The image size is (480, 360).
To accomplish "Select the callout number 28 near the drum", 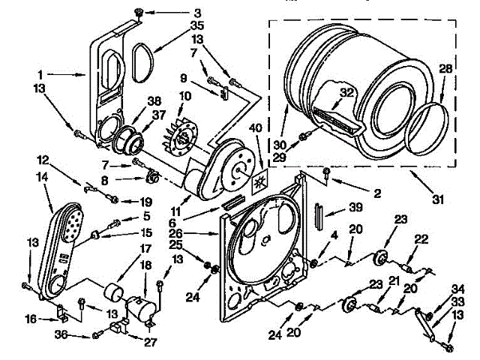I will (445, 70).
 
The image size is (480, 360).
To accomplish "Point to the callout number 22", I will (421, 239).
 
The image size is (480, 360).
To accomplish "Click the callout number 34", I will (457, 289).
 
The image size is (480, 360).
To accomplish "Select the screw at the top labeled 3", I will (139, 11).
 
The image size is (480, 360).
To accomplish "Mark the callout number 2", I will (377, 193).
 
